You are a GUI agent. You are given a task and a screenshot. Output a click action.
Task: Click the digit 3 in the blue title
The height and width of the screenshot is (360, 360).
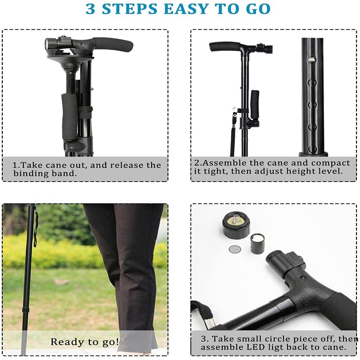[90, 9]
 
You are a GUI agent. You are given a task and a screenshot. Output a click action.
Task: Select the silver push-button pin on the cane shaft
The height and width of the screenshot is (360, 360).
[312, 60]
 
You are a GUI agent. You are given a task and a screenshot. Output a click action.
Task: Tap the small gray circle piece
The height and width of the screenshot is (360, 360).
[235, 249]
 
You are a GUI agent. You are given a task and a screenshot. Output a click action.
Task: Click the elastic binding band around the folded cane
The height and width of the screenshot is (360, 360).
[86, 110]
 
